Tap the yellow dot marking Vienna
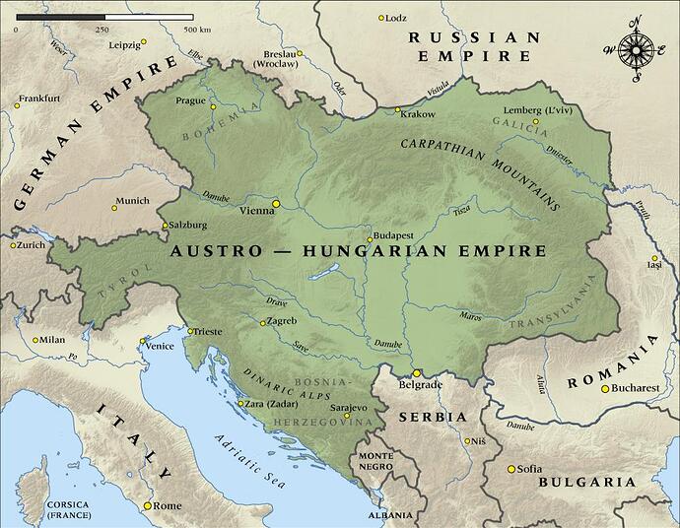click(277, 203)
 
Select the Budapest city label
click(393, 237)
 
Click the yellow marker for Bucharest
click(605, 388)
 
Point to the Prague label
click(190, 100)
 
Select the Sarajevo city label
click(348, 407)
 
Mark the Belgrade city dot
click(417, 373)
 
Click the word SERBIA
click(432, 417)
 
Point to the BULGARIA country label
click(586, 482)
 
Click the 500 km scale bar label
click(197, 30)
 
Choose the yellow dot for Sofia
click(510, 469)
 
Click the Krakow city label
click(419, 113)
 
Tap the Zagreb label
click(282, 322)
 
